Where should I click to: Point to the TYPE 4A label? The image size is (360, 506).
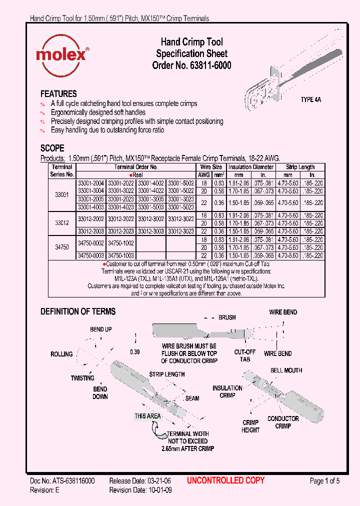(x=310, y=99)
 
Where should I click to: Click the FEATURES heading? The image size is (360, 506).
(x=58, y=94)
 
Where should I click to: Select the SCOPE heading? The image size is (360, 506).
(x=52, y=148)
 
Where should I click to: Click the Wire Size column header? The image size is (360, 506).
(x=211, y=167)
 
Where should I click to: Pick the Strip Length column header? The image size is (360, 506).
(x=300, y=167)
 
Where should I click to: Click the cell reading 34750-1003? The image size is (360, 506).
(x=121, y=255)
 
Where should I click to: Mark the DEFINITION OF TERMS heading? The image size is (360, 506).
(x=77, y=311)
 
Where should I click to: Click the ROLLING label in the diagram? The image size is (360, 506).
(x=61, y=354)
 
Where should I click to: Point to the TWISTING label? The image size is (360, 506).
(x=82, y=378)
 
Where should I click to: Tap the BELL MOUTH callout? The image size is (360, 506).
(x=286, y=370)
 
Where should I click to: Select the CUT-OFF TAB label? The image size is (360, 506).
(x=245, y=355)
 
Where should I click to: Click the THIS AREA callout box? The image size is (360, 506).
(x=147, y=416)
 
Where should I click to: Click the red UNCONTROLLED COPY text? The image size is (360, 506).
(x=225, y=481)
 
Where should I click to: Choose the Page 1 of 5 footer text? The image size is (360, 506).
(x=324, y=481)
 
